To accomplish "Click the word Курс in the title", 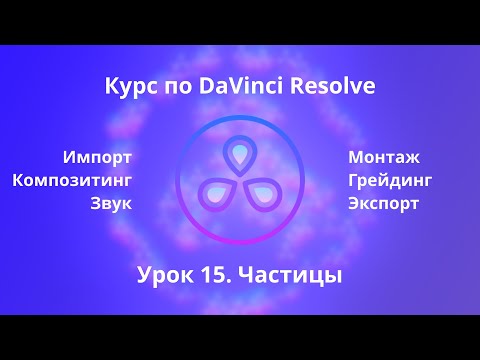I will pyautogui.click(x=127, y=88).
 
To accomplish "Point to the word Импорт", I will pyautogui.click(x=97, y=157).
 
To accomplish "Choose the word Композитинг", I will pyautogui.click(x=73, y=180).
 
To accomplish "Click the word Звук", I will pyautogui.click(x=111, y=204).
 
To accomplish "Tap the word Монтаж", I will pyautogui.click(x=384, y=157).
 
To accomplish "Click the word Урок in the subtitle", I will pyautogui.click(x=164, y=274).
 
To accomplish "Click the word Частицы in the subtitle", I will pyautogui.click(x=291, y=274).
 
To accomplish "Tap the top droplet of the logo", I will pyautogui.click(x=240, y=155).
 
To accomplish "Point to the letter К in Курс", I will pyautogui.click(x=111, y=88).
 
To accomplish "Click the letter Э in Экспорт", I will pyautogui.click(x=354, y=204).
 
